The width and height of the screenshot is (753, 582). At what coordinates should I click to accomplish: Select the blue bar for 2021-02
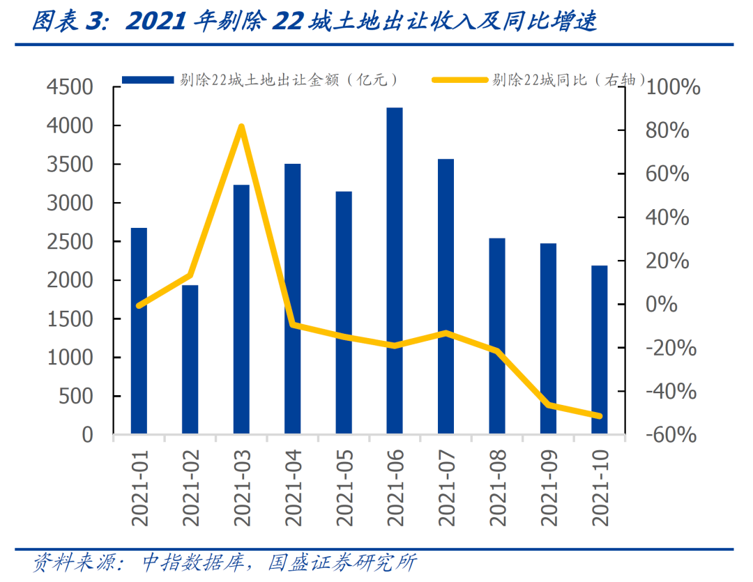tap(190, 359)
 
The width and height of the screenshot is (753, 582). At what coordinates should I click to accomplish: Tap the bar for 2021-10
tap(600, 349)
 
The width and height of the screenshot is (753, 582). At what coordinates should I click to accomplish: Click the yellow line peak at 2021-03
tap(241, 127)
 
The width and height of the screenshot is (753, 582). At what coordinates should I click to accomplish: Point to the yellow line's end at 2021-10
tap(600, 416)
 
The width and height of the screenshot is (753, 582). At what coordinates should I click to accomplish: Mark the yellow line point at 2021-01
tap(139, 305)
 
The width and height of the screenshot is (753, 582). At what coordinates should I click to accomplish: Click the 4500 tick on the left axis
tap(69, 88)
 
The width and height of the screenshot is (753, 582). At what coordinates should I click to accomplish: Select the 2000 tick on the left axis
tap(69, 281)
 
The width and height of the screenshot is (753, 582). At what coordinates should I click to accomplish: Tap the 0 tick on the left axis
tap(87, 435)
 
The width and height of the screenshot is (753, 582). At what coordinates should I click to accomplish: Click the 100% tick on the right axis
tap(672, 88)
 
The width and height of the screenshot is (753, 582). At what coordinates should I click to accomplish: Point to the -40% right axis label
tap(670, 392)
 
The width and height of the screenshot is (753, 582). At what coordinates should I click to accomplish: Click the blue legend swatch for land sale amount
tap(147, 80)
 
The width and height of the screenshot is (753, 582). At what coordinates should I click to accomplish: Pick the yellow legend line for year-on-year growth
tap(459, 80)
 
